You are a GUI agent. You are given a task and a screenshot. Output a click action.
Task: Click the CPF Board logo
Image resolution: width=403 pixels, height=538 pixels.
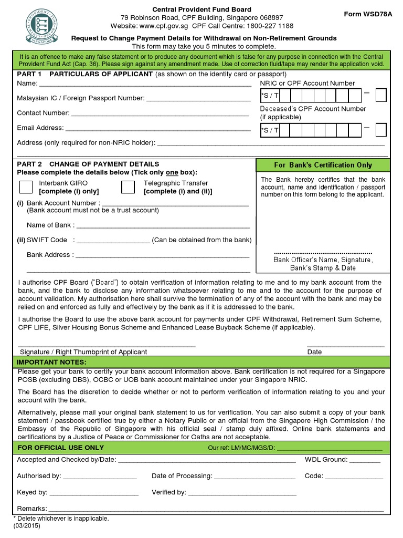pyautogui.click(x=43, y=25)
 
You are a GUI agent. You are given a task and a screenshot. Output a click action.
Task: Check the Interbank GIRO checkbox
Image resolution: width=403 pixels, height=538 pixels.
pyautogui.click(x=25, y=187)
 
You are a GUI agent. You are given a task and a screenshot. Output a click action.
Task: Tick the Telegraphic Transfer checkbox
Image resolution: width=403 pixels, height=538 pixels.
pyautogui.click(x=128, y=187)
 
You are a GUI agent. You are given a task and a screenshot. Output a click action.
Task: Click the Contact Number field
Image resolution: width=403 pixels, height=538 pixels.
pyautogui.click(x=160, y=114)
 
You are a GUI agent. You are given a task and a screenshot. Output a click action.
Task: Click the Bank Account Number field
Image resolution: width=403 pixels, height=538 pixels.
pyautogui.click(x=175, y=204)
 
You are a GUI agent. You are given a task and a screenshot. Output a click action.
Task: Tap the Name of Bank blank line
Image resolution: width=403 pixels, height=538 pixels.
pyautogui.click(x=163, y=226)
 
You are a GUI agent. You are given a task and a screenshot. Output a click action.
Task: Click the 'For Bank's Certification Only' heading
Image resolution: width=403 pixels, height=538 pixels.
pyautogui.click(x=323, y=165)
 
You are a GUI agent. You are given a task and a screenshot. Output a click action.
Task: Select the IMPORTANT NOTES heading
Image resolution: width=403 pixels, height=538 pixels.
pyautogui.click(x=51, y=363)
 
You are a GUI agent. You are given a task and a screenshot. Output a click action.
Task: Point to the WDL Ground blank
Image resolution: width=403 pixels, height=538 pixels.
pyautogui.click(x=365, y=461)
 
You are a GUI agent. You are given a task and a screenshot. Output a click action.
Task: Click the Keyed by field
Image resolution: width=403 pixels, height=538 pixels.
pyautogui.click(x=94, y=494)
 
